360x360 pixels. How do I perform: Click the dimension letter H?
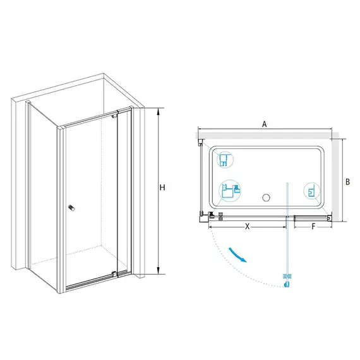click(x=162, y=188)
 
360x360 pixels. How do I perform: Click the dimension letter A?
click(x=265, y=124)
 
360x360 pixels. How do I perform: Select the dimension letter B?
click(x=348, y=182)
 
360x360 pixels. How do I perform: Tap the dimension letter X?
click(x=248, y=227)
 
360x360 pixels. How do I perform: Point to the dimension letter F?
click(x=313, y=227)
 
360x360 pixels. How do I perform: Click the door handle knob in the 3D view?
click(x=71, y=208)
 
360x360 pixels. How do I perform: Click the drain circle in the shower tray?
click(x=266, y=198)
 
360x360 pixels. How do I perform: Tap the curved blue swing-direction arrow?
click(x=237, y=255)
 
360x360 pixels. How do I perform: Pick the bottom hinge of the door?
click(x=114, y=273)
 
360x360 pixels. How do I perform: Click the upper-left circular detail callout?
click(x=225, y=160)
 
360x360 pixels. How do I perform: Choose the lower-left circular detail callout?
click(x=230, y=191)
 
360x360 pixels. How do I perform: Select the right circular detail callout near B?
click(x=311, y=191)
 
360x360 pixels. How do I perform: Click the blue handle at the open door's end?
click(x=287, y=284)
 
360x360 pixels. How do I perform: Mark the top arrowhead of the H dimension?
click(x=158, y=111)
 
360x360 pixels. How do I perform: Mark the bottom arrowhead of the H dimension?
click(x=158, y=271)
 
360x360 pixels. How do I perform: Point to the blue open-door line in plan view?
click(x=287, y=232)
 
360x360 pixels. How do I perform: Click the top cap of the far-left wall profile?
click(x=28, y=102)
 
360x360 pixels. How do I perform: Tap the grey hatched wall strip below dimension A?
click(x=267, y=135)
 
